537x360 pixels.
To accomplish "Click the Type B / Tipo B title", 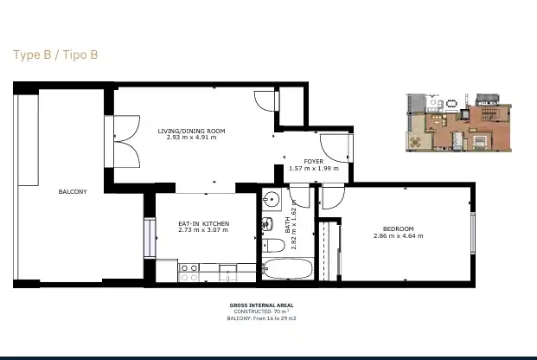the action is [x=55, y=55].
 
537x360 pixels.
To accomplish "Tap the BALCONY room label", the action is [x=73, y=191].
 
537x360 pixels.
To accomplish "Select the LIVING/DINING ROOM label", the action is [x=191, y=131].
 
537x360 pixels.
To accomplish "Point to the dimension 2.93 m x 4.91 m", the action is [x=191, y=138].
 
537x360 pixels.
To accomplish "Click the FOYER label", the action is [x=314, y=162].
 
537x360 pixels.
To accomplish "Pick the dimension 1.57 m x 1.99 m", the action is [x=314, y=169].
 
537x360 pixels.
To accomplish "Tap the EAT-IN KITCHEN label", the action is [x=204, y=223].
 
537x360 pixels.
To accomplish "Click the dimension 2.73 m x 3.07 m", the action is [x=203, y=230].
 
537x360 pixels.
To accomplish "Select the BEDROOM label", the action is [x=399, y=228].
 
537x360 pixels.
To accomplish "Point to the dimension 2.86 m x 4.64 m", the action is [x=399, y=236].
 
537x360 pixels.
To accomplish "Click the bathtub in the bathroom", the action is [x=287, y=269].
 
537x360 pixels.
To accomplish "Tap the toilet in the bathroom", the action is [x=273, y=246].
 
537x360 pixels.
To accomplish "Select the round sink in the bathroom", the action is [x=272, y=199].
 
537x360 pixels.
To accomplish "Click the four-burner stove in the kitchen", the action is [x=189, y=273].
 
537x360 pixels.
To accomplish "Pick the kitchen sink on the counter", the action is [x=227, y=273].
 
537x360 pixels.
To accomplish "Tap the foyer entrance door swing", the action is [x=335, y=148].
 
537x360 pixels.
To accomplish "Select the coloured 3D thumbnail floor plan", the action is [x=459, y=122].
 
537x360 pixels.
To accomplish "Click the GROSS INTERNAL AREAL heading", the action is [x=262, y=305].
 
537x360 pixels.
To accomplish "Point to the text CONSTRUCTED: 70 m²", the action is [x=262, y=312].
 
